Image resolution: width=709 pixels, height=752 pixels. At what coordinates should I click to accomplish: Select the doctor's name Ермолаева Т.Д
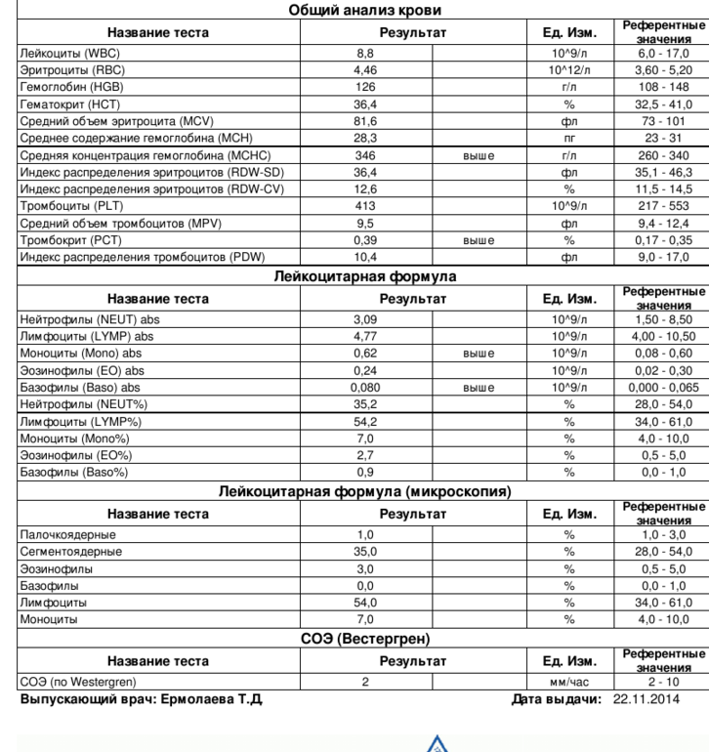coord(206,699)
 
